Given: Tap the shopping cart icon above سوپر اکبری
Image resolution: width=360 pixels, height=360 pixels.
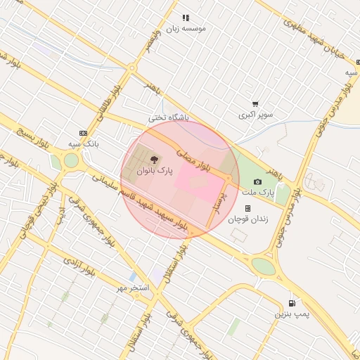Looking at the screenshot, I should pos(255,103).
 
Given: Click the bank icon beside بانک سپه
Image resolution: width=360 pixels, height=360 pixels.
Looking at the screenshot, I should pos(84,133).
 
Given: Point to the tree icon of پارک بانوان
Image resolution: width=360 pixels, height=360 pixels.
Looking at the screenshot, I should pos(155,160).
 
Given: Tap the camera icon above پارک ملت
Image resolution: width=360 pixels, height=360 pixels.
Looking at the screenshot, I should pos(257,181).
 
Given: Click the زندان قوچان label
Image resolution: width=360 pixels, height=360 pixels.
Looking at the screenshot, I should pos(247,219).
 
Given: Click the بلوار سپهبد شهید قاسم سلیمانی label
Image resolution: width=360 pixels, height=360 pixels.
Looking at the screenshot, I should pos(141,202).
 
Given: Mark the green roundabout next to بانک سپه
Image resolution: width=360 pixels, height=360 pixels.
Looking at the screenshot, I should pos(71,160).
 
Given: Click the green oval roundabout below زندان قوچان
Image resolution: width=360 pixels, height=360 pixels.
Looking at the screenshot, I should pos(264,266).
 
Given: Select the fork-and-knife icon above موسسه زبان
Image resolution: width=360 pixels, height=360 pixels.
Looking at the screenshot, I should pos(186,18).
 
